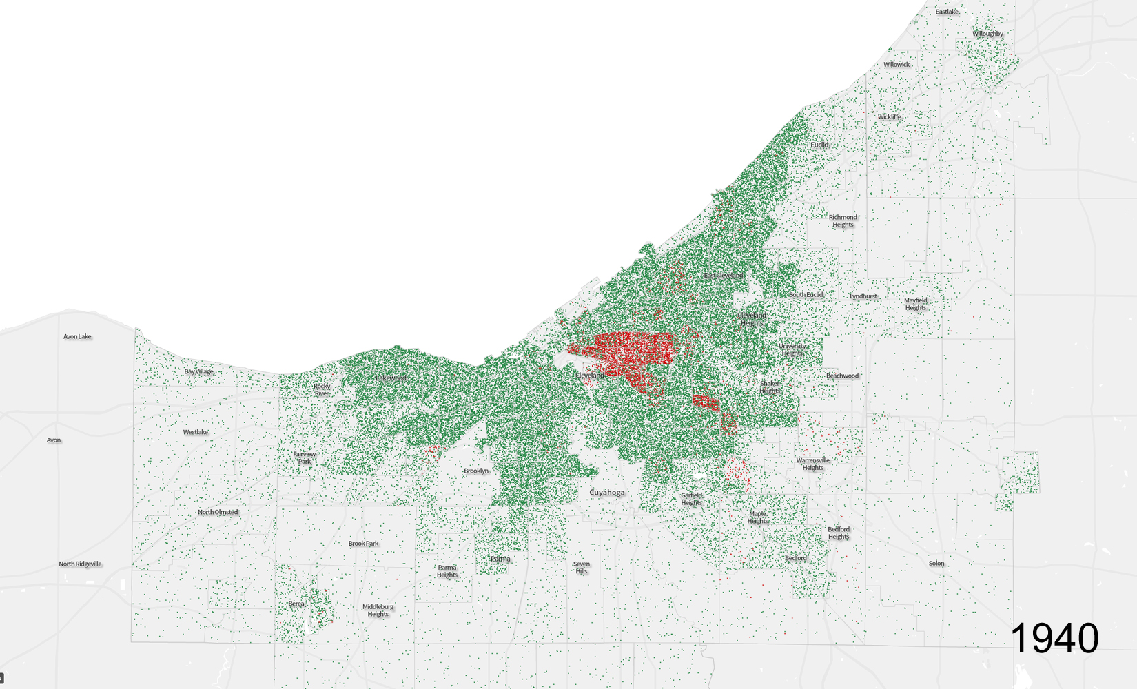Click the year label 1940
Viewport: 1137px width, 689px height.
[x=1054, y=638]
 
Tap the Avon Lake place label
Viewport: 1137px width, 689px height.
[x=77, y=337]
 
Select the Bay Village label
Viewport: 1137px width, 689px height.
[x=199, y=371]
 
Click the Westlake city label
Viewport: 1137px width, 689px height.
[x=196, y=433]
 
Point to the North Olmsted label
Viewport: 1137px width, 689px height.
[x=218, y=512]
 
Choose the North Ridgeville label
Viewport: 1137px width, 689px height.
[x=80, y=564]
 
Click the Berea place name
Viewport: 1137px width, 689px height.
[x=296, y=604]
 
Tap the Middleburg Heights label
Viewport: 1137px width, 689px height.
[x=378, y=610]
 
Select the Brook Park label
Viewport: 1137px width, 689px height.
[x=363, y=544]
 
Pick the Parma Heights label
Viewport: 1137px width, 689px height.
[x=447, y=571]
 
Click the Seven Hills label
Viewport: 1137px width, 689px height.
[x=582, y=567]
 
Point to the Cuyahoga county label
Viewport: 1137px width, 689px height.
[x=607, y=493]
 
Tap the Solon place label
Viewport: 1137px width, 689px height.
[x=936, y=563]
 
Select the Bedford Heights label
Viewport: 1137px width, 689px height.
[x=839, y=533]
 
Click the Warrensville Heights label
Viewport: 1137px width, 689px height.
[x=813, y=464]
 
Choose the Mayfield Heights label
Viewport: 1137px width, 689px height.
[x=916, y=304]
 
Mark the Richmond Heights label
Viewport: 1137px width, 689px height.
[x=843, y=220]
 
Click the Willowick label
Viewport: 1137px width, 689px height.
[x=897, y=65]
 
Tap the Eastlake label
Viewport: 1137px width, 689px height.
[x=947, y=12]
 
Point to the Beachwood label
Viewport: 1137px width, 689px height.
[x=842, y=376]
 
